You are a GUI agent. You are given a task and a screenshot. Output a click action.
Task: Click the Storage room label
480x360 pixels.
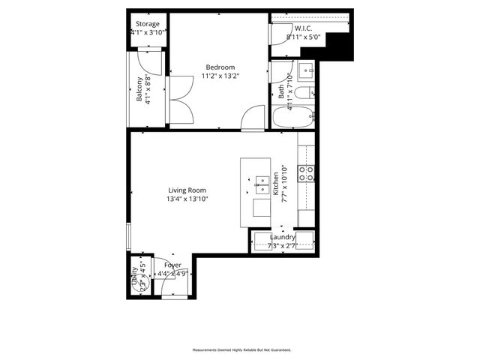pyautogui.click(x=147, y=24)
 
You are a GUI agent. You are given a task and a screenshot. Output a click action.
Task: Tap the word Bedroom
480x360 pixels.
pyautogui.click(x=220, y=67)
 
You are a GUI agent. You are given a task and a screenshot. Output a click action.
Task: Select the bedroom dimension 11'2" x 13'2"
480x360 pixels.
pyautogui.click(x=220, y=76)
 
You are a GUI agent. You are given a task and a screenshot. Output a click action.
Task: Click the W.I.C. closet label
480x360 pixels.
pyautogui.click(x=303, y=28)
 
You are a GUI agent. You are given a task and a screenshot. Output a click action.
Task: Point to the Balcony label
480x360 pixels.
pyautogui.click(x=139, y=89)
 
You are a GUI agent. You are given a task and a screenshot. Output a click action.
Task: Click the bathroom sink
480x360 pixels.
pyautogui.click(x=306, y=72)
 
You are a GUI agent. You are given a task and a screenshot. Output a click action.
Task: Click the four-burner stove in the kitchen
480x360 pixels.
pyautogui.click(x=307, y=174)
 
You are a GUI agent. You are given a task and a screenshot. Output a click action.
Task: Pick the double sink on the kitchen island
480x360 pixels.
pyautogui.click(x=262, y=181)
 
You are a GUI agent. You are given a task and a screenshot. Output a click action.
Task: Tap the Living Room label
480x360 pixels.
pyautogui.click(x=187, y=190)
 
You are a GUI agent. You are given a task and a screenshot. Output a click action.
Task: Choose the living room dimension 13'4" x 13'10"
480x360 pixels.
pyautogui.click(x=187, y=199)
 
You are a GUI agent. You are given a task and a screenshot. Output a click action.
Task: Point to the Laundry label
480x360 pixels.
pyautogui.click(x=283, y=238)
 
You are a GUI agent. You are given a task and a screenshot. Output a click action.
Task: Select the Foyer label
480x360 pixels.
pyautogui.click(x=172, y=265)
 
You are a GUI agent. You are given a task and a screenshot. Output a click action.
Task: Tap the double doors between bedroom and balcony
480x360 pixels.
pyautogui.click(x=180, y=100)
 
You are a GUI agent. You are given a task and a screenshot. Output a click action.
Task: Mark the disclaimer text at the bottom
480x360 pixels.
pyautogui.click(x=241, y=349)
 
